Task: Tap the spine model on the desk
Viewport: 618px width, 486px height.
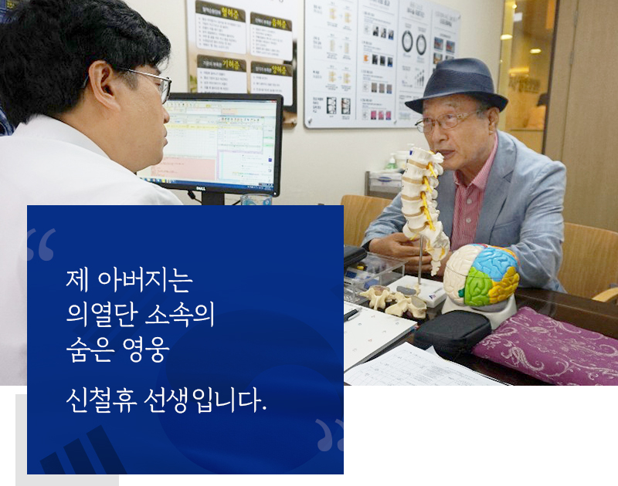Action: pyautogui.click(x=422, y=201)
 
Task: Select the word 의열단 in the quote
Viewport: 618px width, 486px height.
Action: pyautogui.click(x=100, y=316)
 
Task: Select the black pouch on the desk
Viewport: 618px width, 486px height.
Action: pyautogui.click(x=451, y=332)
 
